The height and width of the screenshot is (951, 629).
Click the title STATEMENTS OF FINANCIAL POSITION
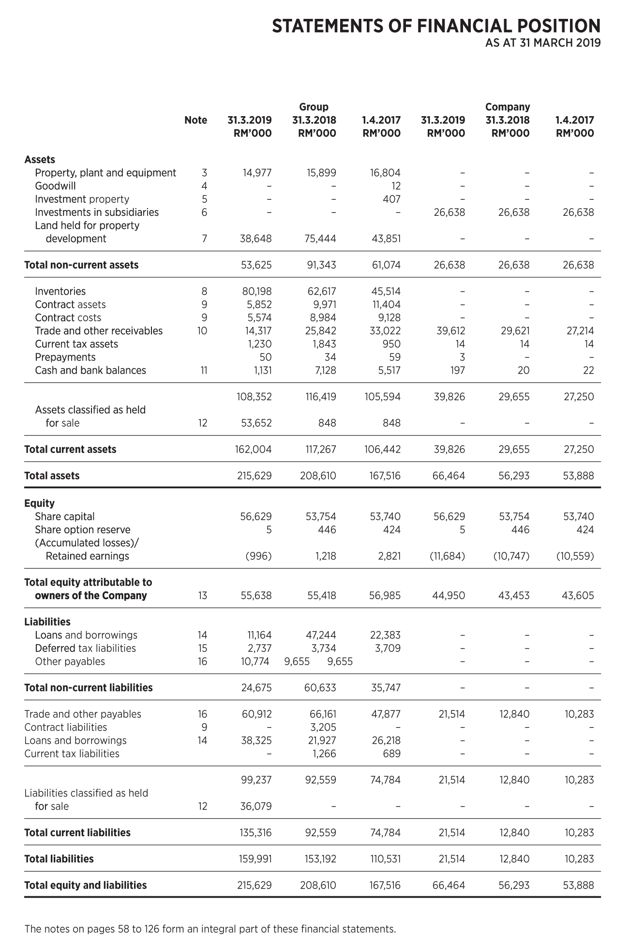[x=436, y=26]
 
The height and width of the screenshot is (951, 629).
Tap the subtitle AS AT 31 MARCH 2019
[x=543, y=43]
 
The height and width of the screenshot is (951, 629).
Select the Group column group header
[x=314, y=107]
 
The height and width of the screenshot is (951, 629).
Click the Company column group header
[x=508, y=107]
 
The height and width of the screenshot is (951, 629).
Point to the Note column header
[x=195, y=120]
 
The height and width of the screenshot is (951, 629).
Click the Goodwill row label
[x=55, y=186]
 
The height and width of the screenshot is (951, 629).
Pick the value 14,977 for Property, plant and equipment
[x=257, y=173]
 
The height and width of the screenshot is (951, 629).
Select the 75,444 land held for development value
[x=321, y=239]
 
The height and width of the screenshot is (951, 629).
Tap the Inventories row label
[x=60, y=291]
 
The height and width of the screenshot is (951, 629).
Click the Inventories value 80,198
[x=257, y=291]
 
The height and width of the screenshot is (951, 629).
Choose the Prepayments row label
[x=65, y=357]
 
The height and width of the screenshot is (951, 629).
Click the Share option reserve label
[x=82, y=530]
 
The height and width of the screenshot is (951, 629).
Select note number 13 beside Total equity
[x=202, y=596]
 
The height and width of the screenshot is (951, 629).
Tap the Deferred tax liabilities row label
[x=85, y=649]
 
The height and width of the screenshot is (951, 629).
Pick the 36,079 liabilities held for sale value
[x=256, y=806]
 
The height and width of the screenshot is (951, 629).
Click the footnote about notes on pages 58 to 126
[x=210, y=929]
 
